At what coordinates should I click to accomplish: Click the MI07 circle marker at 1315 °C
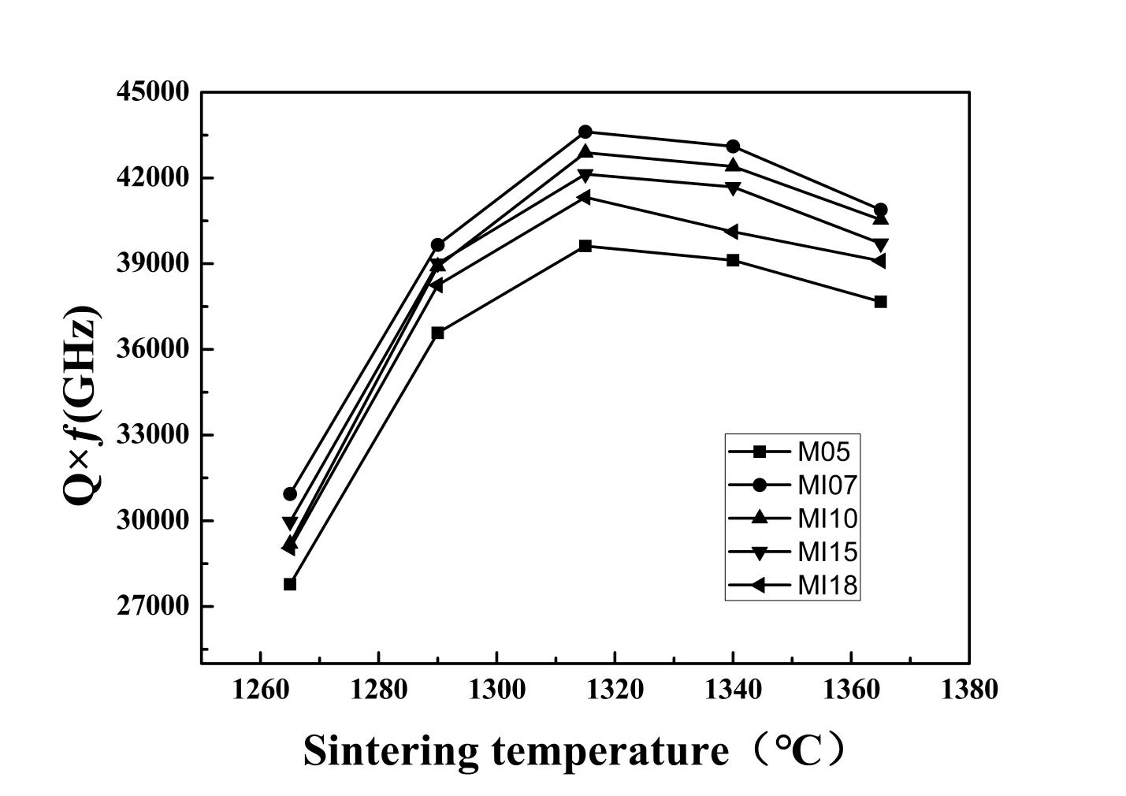point(585,132)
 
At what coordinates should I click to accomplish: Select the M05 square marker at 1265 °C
point(290,584)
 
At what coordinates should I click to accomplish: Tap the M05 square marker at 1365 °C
point(880,302)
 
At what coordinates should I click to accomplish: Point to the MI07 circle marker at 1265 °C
point(290,494)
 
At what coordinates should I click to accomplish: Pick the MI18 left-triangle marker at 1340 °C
point(732,232)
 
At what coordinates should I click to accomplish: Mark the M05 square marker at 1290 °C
point(437,333)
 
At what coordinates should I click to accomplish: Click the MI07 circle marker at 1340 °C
point(733,147)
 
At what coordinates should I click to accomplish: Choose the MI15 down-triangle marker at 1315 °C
point(585,175)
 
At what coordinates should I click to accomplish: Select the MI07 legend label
point(827,485)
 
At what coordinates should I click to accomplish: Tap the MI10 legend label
point(827,519)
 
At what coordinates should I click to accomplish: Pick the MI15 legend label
point(827,552)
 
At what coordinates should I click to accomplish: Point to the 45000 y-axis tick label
point(153,91)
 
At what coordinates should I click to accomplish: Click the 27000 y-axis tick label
point(153,606)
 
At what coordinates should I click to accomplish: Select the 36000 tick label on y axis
point(153,349)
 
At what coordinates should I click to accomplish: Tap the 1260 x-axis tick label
point(261,690)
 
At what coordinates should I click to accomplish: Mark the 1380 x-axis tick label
point(968,690)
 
